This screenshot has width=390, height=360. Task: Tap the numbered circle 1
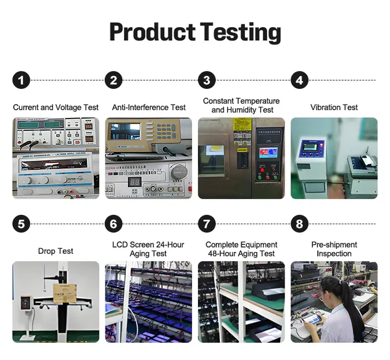click(x=22, y=80)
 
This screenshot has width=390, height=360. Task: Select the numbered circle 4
click(x=299, y=80)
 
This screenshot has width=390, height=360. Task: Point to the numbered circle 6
click(x=114, y=224)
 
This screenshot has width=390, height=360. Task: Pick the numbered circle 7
click(x=207, y=224)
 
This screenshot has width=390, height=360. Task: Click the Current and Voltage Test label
click(x=56, y=107)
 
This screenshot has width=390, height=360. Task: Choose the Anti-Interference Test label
click(x=149, y=107)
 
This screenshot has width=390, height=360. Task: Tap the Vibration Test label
click(x=334, y=107)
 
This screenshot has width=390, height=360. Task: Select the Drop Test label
click(x=56, y=251)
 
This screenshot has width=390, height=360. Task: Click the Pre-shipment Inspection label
click(x=334, y=249)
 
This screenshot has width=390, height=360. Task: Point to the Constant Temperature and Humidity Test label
click(x=241, y=106)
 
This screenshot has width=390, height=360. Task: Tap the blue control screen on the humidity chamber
click(x=267, y=153)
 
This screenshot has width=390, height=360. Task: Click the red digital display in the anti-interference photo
click(x=136, y=183)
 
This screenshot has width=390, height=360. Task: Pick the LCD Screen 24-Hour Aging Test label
click(x=148, y=249)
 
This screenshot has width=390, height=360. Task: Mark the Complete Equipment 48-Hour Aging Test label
click(x=241, y=249)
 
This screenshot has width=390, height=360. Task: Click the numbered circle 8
click(x=299, y=224)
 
